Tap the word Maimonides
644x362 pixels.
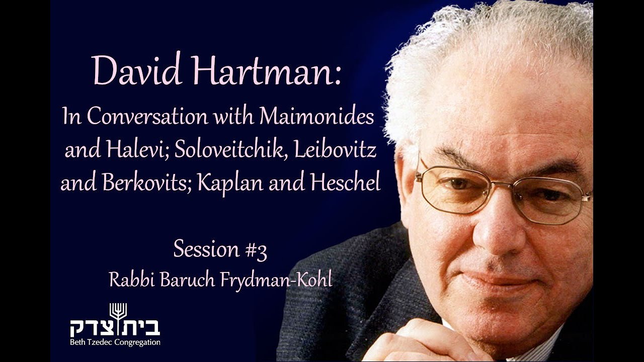point(317,117)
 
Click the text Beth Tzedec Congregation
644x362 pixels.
point(115,342)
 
